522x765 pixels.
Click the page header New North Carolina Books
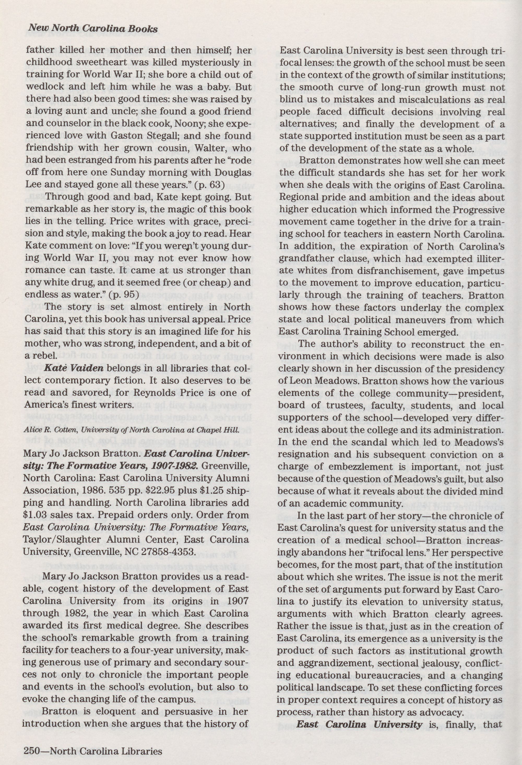[x=91, y=29]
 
